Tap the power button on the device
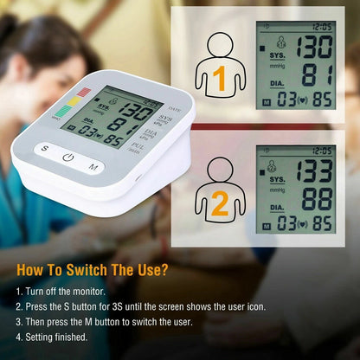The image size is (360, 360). [68, 157]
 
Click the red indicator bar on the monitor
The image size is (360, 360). [84, 92]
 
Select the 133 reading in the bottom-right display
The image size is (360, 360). [315, 170]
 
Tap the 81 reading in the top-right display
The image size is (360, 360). [317, 75]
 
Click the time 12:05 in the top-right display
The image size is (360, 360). [322, 27]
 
